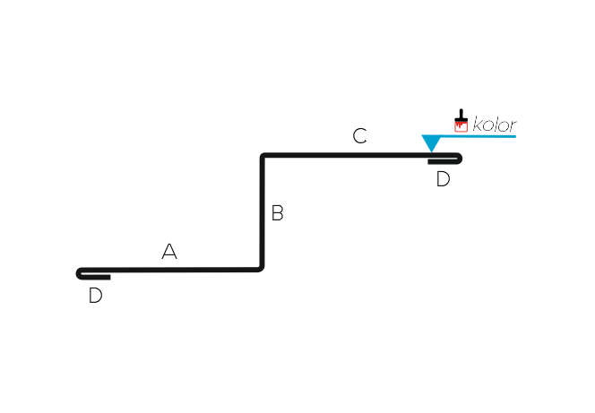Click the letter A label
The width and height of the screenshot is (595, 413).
pyautogui.click(x=169, y=251)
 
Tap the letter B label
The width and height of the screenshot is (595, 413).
pyautogui.click(x=278, y=212)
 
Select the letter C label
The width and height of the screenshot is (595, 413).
pyautogui.click(x=359, y=136)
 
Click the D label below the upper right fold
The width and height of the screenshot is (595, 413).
pyautogui.click(x=443, y=179)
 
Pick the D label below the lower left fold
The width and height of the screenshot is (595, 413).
pyautogui.click(x=95, y=295)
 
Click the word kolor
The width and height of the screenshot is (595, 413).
pyautogui.click(x=495, y=125)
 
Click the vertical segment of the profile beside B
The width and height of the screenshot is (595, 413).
pyautogui.click(x=262, y=212)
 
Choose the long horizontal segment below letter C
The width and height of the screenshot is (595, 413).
pyautogui.click(x=360, y=155)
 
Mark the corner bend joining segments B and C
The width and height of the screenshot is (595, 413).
pyautogui.click(x=263, y=156)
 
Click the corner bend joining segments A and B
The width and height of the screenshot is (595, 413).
pyautogui.click(x=261, y=269)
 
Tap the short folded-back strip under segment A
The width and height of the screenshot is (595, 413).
pyautogui.click(x=96, y=278)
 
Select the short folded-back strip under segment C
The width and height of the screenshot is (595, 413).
pyautogui.click(x=443, y=162)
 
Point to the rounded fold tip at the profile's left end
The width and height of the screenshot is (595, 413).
pyautogui.click(x=78, y=273)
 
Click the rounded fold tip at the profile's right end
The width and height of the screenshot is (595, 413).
pyautogui.click(x=460, y=159)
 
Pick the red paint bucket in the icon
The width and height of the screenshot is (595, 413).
pyautogui.click(x=461, y=125)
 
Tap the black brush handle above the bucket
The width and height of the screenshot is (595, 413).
pyautogui.click(x=461, y=114)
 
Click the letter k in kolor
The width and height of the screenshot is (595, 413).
pyautogui.click(x=478, y=125)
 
